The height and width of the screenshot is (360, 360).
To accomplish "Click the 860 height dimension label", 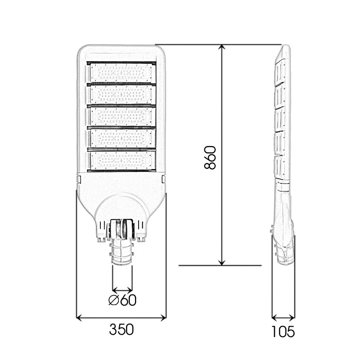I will coord(210,157).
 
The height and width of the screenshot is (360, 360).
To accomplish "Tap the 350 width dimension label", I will coord(121,330).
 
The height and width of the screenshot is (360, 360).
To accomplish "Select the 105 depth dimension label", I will coord(283,332).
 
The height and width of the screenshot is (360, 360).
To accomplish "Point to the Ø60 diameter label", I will coord(122,300).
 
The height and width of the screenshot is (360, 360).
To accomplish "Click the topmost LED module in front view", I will coord(121,72).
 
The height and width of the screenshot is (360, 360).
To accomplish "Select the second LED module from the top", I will coord(121,94).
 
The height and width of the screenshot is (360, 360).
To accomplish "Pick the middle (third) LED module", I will coord(121,115).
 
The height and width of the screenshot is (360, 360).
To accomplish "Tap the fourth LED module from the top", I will coord(121,137).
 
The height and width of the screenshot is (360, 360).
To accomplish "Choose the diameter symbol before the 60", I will coord(114,300).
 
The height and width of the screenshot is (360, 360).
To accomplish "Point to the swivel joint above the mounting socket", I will coord(122,229).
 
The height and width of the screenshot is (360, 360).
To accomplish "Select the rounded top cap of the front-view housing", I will coord(121,52).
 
